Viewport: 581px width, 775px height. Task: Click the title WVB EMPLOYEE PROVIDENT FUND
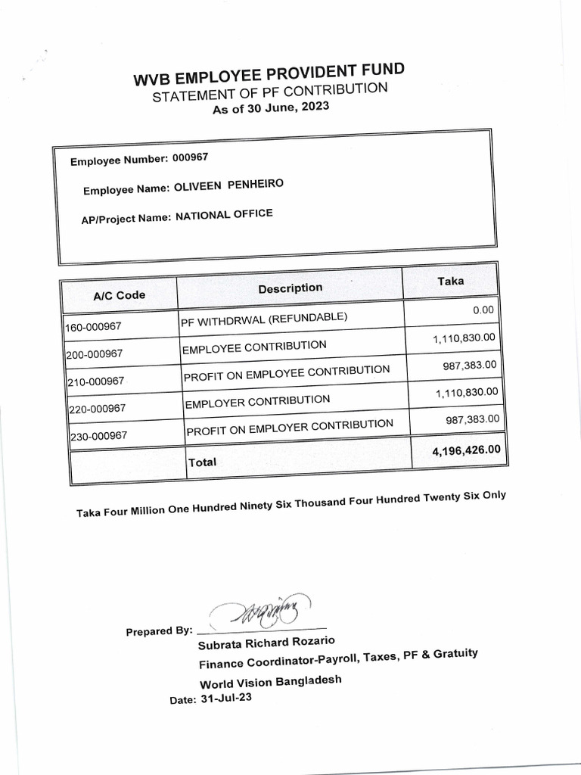269,76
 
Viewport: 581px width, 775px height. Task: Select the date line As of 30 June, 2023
271,110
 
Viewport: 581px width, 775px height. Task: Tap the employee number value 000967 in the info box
190,158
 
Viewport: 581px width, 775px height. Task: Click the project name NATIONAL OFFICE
224,216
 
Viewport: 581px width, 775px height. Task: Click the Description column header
290,288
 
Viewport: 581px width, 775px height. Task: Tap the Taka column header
451,282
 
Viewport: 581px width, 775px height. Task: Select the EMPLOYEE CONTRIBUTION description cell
254,347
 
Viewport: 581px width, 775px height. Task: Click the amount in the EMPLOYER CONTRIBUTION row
466,392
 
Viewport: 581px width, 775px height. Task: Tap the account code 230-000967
98,437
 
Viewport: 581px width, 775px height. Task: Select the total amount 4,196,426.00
466,450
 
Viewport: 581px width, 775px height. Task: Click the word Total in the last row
202,462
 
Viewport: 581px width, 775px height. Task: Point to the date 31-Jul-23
226,699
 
